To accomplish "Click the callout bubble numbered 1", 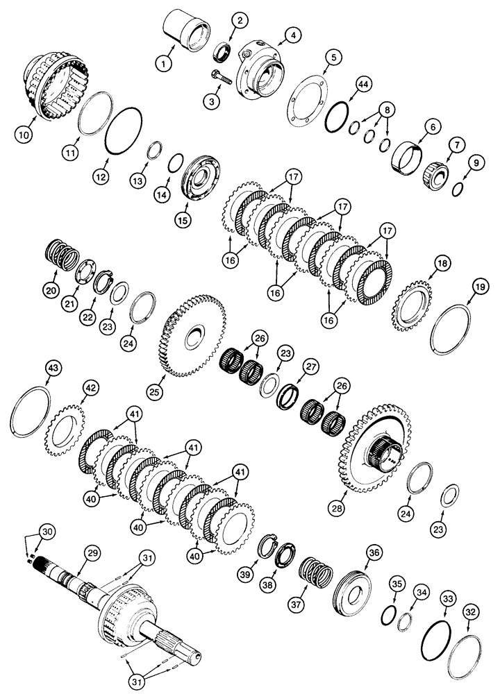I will coord(163,64).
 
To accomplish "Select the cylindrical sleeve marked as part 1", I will coord(186,31).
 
